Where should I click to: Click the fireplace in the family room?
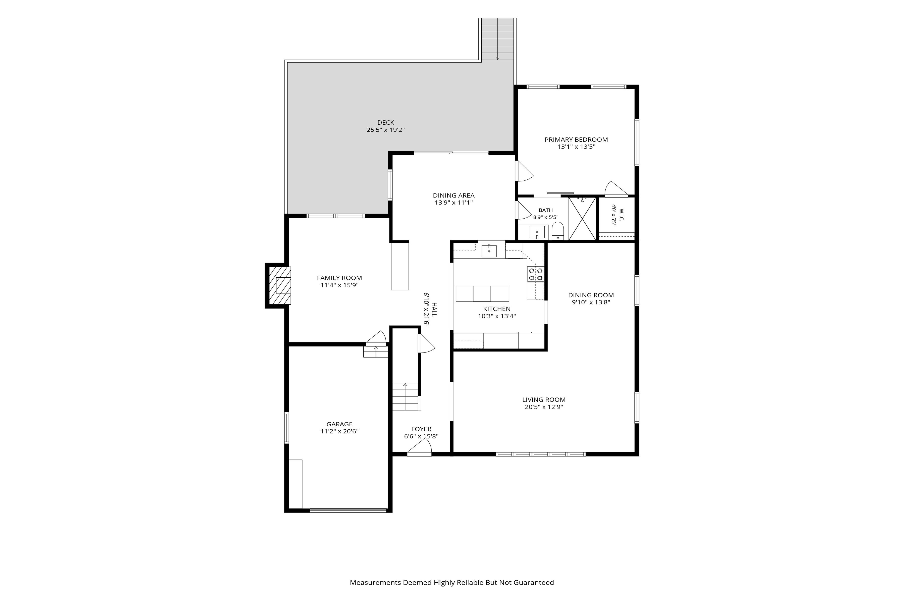click(279, 285)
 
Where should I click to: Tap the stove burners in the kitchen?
click(535, 274)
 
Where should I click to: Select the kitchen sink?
click(489, 251)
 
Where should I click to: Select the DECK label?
click(385, 123)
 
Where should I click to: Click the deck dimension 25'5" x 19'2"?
click(385, 130)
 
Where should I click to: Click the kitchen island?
click(482, 293)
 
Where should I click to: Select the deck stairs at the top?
click(498, 39)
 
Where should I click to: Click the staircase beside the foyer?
click(405, 396)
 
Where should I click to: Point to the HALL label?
click(434, 309)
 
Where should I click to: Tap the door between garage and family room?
click(376, 337)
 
